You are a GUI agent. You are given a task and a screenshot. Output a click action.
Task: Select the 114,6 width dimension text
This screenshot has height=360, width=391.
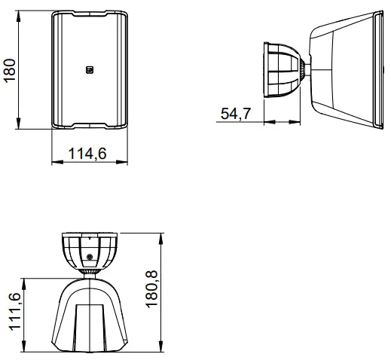pos(87,154)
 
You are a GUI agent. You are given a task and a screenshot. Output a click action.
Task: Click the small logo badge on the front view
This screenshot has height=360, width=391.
pos(89,71)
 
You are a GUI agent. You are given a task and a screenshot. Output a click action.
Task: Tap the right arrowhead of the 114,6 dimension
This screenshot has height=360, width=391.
pos(124,163)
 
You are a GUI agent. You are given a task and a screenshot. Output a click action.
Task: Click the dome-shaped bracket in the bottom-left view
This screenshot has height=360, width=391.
pos(90,251)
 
